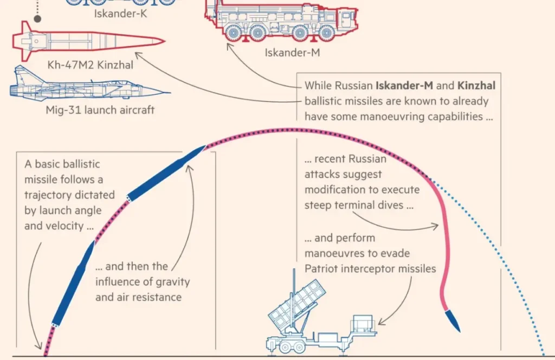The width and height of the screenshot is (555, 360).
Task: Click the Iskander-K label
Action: (120, 14)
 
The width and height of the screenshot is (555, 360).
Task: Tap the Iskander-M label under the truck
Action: (293, 53)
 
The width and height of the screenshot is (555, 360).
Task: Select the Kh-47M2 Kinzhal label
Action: (90, 66)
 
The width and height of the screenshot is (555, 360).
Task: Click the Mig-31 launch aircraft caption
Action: (100, 110)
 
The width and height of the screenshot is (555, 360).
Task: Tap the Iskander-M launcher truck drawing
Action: (282, 22)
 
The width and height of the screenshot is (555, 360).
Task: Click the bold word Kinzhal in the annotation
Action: (476, 86)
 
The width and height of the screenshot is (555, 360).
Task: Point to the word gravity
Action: (172, 282)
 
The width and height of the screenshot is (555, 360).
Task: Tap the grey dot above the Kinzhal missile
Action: (37, 18)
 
